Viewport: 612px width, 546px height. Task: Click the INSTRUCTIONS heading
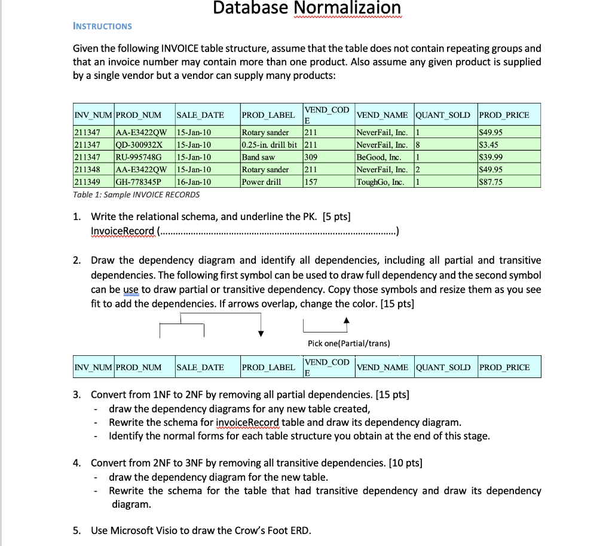coord(102,26)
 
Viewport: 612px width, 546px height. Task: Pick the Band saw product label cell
coord(258,157)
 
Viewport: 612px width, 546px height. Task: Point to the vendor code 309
coord(311,157)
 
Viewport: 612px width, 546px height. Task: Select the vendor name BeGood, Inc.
coord(378,157)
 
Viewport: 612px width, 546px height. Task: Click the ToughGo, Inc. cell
coord(380,182)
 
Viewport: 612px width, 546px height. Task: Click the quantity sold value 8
coord(418,145)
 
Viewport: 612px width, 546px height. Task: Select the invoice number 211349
coord(87,182)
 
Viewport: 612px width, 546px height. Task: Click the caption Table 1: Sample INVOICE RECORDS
coord(136,195)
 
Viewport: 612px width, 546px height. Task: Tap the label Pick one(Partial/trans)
coord(348,343)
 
